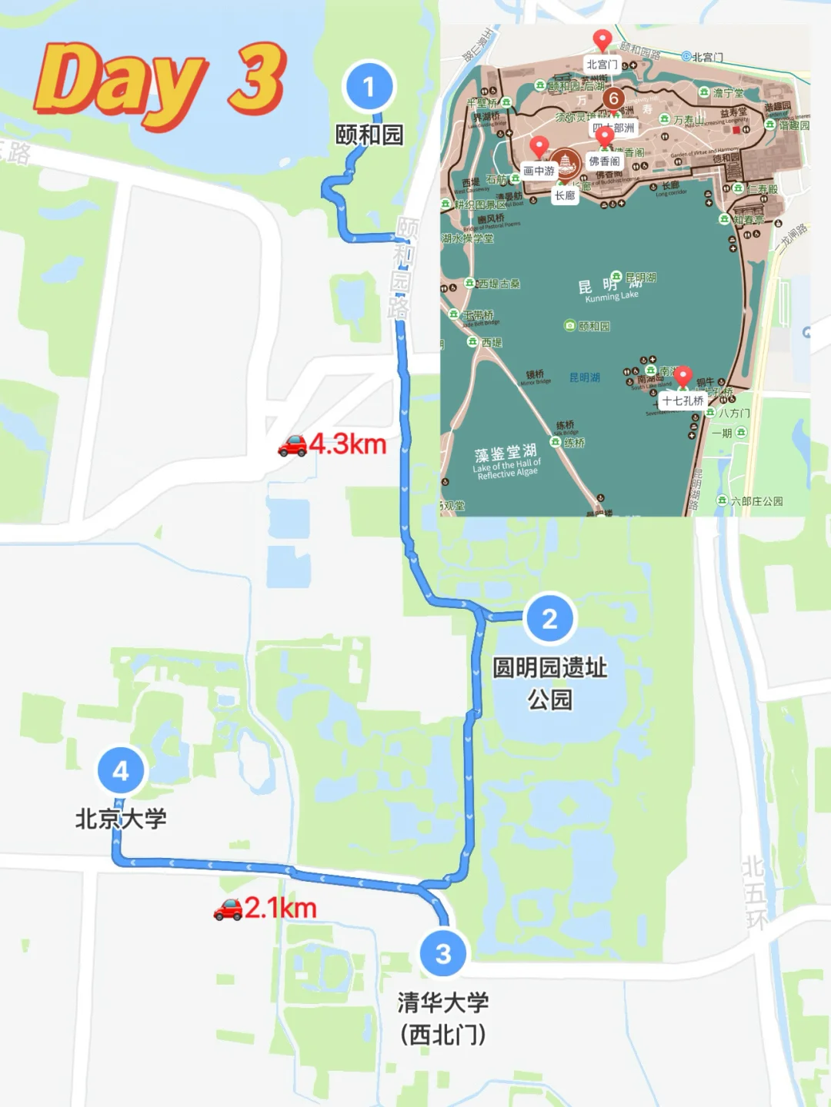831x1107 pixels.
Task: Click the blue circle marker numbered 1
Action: click(x=369, y=86)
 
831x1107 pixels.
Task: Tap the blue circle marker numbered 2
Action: click(x=549, y=619)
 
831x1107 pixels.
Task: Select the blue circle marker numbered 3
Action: click(x=443, y=953)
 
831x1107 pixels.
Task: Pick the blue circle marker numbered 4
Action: click(x=121, y=770)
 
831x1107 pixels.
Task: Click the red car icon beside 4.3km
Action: click(x=292, y=445)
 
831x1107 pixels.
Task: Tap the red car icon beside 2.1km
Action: click(x=228, y=909)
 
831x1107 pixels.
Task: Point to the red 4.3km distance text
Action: click(x=348, y=444)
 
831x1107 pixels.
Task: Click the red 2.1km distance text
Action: click(x=281, y=908)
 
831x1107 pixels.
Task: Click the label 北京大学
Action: click(x=121, y=819)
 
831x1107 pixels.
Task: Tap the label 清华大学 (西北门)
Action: click(x=443, y=1018)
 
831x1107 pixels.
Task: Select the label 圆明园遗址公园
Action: click(x=549, y=683)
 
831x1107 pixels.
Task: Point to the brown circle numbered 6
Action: click(x=613, y=98)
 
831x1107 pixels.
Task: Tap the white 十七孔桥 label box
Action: click(x=683, y=401)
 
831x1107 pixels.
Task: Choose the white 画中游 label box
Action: click(x=539, y=171)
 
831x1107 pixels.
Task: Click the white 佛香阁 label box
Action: click(x=605, y=161)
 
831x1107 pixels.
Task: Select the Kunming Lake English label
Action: click(x=612, y=297)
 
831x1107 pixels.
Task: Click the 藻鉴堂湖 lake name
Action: click(x=506, y=453)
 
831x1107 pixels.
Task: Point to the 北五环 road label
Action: click(x=755, y=892)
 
